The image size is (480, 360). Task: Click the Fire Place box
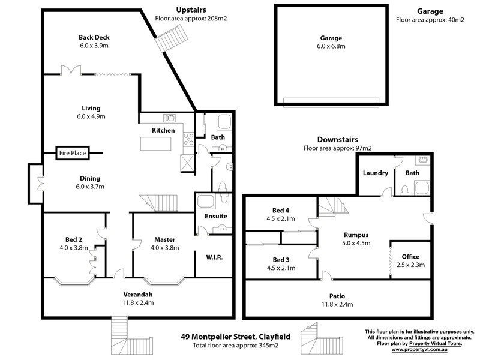pyautogui.click(x=73, y=153)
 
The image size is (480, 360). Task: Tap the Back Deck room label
pyautogui.click(x=94, y=37)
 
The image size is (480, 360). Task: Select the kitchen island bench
pyautogui.click(x=155, y=143)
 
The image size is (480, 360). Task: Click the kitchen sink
pyautogui.click(x=169, y=118)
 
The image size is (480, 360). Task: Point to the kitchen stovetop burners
pyautogui.click(x=188, y=139)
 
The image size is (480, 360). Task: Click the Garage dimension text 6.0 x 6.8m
pyautogui.click(x=331, y=46)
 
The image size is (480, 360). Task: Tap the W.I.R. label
pyautogui.click(x=214, y=257)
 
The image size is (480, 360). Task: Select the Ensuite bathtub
pyautogui.click(x=205, y=202)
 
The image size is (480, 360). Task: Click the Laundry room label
pyautogui.click(x=376, y=173)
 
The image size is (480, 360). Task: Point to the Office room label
pyautogui.click(x=410, y=257)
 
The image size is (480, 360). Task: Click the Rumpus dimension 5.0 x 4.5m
pyautogui.click(x=356, y=243)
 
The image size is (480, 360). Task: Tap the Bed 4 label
pyautogui.click(x=281, y=211)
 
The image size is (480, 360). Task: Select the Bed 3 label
pyautogui.click(x=281, y=260)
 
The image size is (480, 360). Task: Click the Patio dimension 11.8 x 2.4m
pyautogui.click(x=337, y=304)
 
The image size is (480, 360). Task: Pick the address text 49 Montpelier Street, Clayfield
pyautogui.click(x=235, y=337)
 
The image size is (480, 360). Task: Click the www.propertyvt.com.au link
pyautogui.click(x=419, y=349)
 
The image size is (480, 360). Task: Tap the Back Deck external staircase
pyautogui.click(x=171, y=38)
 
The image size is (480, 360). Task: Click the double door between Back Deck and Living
pyautogui.click(x=71, y=70)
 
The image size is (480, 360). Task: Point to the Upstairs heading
pyautogui.click(x=191, y=10)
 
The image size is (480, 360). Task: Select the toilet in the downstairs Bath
pyautogui.click(x=404, y=190)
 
